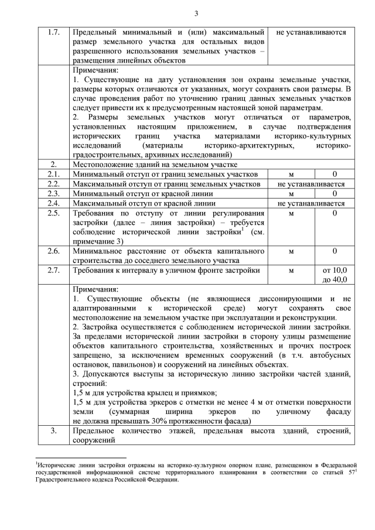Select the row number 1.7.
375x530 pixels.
(52, 33)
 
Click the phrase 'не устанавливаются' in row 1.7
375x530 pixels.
(311, 33)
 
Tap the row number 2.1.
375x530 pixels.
(52, 174)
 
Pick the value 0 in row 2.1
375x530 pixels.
(335, 174)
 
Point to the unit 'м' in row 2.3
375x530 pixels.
(291, 193)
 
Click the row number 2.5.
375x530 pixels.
(52, 213)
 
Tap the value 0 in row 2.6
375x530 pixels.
(335, 251)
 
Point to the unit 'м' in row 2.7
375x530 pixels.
(291, 270)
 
